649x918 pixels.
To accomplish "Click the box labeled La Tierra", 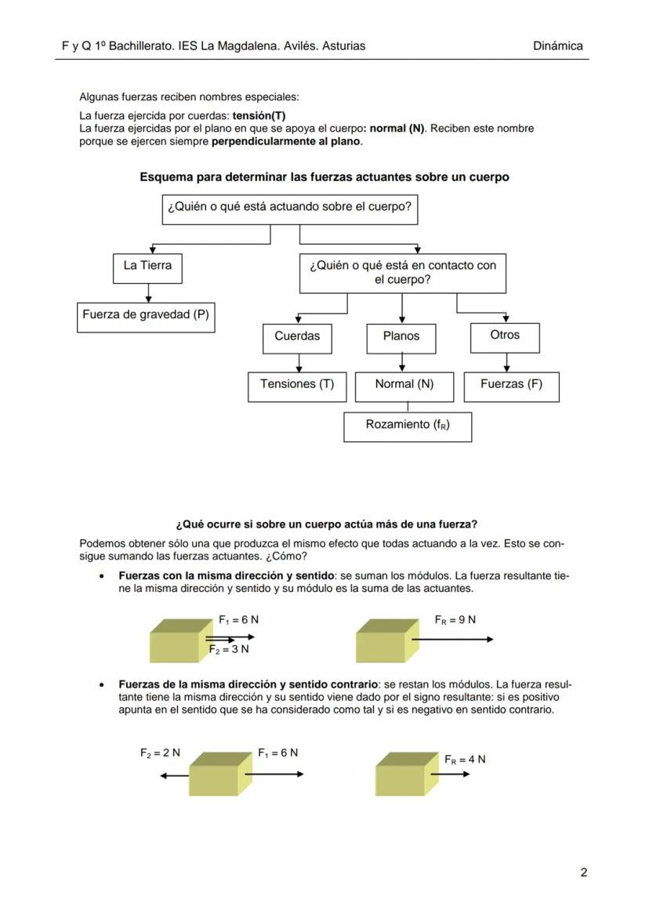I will (x=147, y=266).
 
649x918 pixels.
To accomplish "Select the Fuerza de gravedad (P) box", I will (x=146, y=315).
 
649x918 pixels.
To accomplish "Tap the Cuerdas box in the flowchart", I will (x=297, y=336).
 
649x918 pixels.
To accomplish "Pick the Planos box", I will (x=401, y=336).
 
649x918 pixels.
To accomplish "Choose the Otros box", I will (x=505, y=335).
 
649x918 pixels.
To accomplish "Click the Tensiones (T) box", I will (x=296, y=384).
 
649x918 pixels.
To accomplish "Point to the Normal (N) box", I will (x=404, y=384).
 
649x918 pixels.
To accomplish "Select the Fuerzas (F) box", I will (x=511, y=384).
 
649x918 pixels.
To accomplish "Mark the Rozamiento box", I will (x=408, y=425).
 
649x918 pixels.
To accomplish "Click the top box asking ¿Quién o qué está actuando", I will (x=288, y=209).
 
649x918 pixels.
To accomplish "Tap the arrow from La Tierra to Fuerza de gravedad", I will (x=148, y=292).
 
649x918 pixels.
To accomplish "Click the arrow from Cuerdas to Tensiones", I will (x=298, y=362).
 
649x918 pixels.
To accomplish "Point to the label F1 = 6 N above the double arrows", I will (x=239, y=619).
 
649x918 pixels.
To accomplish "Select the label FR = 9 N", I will (x=455, y=619).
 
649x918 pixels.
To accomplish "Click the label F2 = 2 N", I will (x=160, y=753).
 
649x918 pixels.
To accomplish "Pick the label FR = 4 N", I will (x=465, y=759).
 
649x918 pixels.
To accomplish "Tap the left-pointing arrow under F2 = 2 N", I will (x=173, y=775).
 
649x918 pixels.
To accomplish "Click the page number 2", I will (x=583, y=873).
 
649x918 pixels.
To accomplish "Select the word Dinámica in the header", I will (x=557, y=46).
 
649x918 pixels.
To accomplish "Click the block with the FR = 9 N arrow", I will (x=382, y=641).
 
